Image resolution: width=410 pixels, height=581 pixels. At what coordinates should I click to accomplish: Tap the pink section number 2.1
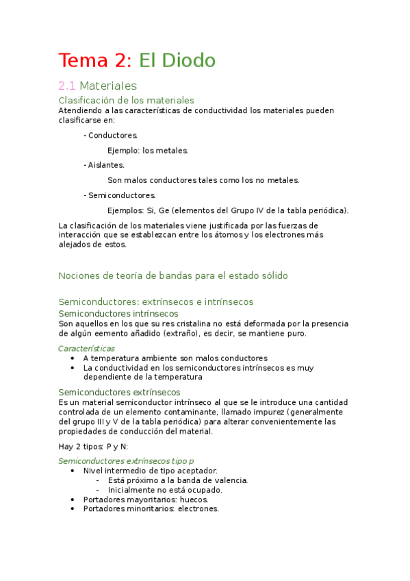66,86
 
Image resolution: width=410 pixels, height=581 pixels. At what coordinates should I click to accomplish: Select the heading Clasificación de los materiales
127,100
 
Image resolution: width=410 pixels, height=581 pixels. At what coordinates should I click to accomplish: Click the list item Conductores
112,136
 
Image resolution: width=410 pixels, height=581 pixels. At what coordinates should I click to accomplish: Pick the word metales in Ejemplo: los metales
170,150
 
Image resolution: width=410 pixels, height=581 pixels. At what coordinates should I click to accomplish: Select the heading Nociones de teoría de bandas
173,275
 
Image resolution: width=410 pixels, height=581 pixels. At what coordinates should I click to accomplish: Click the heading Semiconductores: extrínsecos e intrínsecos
156,301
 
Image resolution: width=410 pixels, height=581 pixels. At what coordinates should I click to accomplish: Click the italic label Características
86,348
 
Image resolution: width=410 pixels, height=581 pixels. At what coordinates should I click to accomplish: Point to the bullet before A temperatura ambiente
73,358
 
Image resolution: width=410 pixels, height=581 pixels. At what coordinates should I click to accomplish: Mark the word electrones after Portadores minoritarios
198,509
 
